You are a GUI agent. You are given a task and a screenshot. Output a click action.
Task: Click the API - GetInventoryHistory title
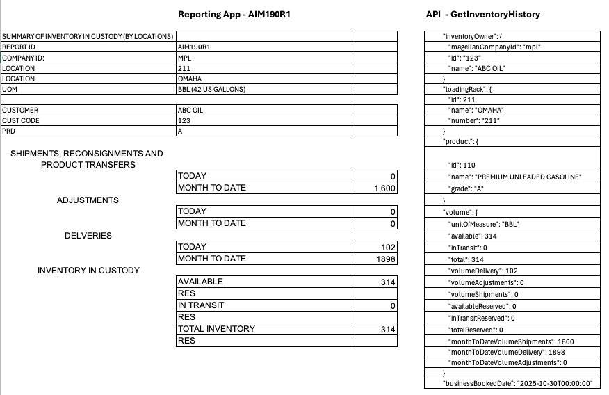coord(483,14)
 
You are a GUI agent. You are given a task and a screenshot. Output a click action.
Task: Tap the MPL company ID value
coord(185,58)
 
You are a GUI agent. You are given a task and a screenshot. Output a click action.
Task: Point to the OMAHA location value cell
coord(190,79)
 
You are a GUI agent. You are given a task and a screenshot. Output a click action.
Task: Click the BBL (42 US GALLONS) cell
coord(212,89)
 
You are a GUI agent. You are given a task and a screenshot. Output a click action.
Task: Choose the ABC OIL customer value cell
coord(190,110)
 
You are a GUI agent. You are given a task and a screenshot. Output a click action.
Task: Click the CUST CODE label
coord(21,120)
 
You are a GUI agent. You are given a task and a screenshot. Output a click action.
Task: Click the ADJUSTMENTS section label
coord(88,200)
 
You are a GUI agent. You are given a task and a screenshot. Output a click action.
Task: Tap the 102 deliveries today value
coord(389,247)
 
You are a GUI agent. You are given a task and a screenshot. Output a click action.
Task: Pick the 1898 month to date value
coord(386,259)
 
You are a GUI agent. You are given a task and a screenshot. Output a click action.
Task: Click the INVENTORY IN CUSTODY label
coord(88,271)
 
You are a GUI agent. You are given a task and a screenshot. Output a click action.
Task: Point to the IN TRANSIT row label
coord(201,305)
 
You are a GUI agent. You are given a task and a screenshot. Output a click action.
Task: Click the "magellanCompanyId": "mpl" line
coord(494,47)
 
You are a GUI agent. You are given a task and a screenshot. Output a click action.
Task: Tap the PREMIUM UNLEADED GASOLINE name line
coord(514,177)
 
